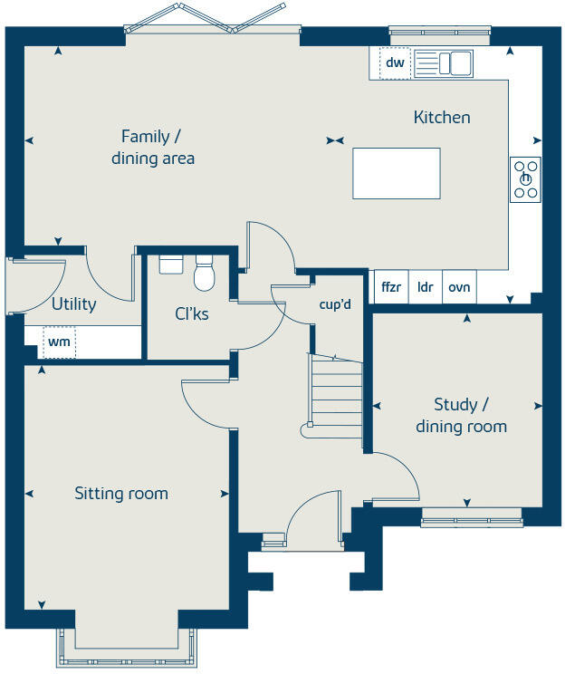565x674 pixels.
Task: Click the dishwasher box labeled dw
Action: (x=394, y=63)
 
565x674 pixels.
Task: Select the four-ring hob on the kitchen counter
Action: (x=525, y=178)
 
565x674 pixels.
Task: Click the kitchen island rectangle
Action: (x=396, y=173)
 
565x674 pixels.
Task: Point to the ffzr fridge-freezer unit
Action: (x=391, y=287)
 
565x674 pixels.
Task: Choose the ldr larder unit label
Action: (x=425, y=287)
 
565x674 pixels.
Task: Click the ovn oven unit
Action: (x=459, y=287)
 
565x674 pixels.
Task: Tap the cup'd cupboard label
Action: (x=335, y=305)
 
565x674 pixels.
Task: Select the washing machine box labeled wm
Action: (x=60, y=342)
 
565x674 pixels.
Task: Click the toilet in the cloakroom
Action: (x=204, y=272)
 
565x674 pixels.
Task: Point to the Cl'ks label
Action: (x=191, y=314)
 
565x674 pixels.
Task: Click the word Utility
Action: (x=73, y=304)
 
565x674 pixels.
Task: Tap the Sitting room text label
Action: (x=121, y=494)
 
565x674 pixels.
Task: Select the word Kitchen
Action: (x=442, y=118)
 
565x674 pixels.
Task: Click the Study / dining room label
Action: (x=461, y=415)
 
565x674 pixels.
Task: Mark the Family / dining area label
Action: (x=152, y=148)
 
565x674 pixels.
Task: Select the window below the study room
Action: (x=472, y=519)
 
